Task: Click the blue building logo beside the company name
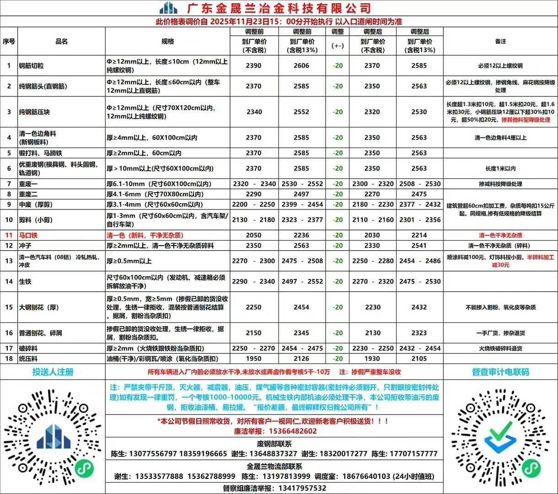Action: click(168, 8)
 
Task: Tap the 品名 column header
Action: click(61, 41)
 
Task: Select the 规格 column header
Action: click(167, 41)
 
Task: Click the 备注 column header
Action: click(500, 41)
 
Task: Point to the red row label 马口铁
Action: click(28, 235)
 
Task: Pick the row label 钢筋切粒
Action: click(31, 65)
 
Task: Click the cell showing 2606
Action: click(301, 65)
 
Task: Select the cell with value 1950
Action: click(254, 359)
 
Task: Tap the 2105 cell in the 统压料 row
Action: click(419, 359)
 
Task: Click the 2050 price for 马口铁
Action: click(254, 235)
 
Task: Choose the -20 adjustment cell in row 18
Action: click(338, 359)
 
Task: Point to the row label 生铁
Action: click(25, 281)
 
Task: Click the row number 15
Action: click(9, 307)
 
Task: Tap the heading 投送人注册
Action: click(53, 371)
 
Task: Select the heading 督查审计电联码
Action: click(500, 371)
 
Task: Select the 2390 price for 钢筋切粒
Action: click(254, 65)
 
